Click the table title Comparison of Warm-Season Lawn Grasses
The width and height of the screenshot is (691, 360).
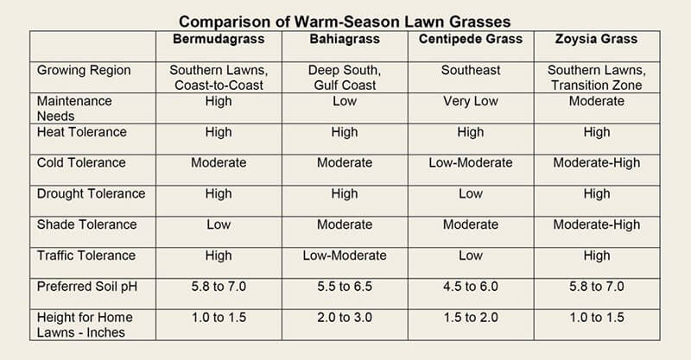pyautogui.click(x=345, y=20)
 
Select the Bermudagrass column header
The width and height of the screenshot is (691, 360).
pyautogui.click(x=219, y=40)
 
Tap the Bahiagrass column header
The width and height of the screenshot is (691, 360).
pyautogui.click(x=344, y=40)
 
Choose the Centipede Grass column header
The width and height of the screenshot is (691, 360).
pyautogui.click(x=470, y=40)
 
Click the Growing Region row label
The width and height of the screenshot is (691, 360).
pyautogui.click(x=83, y=70)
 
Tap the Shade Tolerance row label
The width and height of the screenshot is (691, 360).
pyautogui.click(x=86, y=224)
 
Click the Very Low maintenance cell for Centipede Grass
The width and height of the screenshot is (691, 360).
pyautogui.click(x=470, y=101)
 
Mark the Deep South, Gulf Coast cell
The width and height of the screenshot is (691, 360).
pyautogui.click(x=344, y=78)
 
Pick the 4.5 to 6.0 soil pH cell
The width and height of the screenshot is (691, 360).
pyautogui.click(x=470, y=287)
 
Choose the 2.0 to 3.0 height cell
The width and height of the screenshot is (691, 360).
pyautogui.click(x=344, y=318)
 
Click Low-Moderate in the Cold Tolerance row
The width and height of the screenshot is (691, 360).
pyautogui.click(x=470, y=163)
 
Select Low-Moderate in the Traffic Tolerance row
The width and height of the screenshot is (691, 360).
pyautogui.click(x=344, y=256)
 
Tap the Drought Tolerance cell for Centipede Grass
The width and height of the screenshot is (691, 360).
pyautogui.click(x=470, y=193)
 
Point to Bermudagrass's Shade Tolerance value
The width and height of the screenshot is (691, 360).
pyautogui.click(x=219, y=224)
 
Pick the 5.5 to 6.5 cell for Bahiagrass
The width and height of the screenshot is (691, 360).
pyautogui.click(x=344, y=287)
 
